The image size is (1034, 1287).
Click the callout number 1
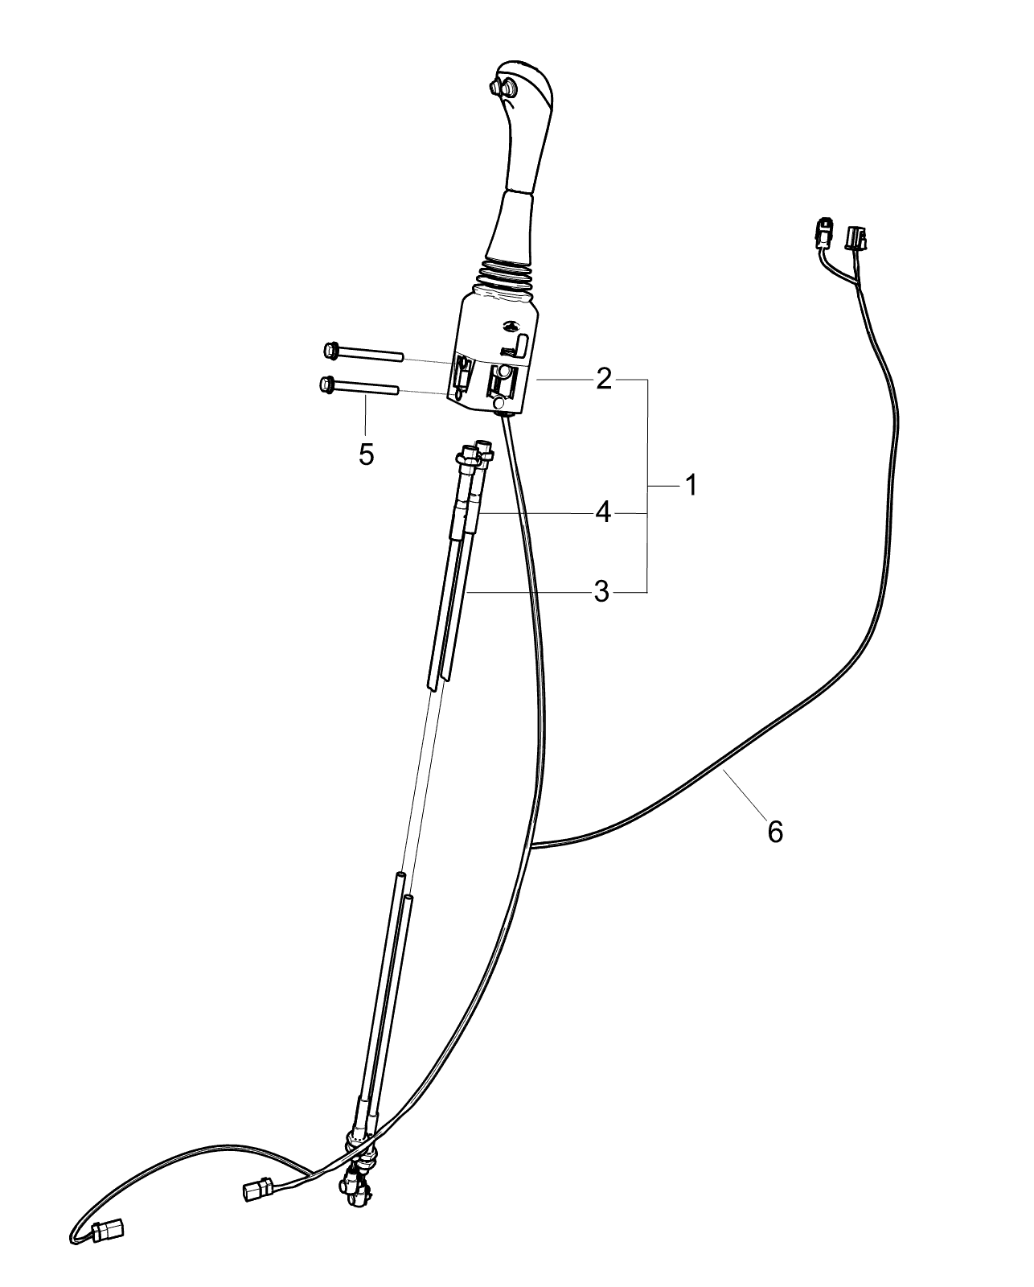click(691, 485)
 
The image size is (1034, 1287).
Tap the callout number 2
click(603, 379)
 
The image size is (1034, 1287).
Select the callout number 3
click(601, 591)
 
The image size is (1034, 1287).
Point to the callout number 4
click(603, 513)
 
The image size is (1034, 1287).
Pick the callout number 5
click(366, 455)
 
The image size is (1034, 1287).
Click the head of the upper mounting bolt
click(330, 351)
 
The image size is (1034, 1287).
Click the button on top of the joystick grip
click(501, 88)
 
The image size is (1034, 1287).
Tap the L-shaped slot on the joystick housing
click(518, 346)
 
